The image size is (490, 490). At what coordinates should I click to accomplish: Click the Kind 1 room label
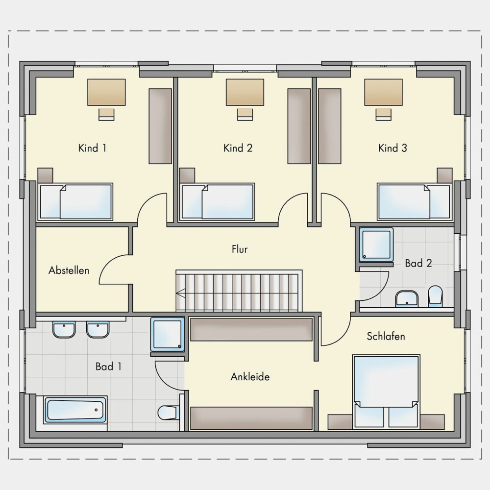pyautogui.click(x=92, y=148)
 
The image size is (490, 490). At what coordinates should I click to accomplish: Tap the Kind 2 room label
pyautogui.click(x=238, y=148)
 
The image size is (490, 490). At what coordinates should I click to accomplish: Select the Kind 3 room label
pyautogui.click(x=392, y=148)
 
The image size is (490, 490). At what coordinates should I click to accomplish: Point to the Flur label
pyautogui.click(x=240, y=249)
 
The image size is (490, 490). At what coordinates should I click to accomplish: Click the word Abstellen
pyautogui.click(x=69, y=270)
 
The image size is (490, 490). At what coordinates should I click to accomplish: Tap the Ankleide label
pyautogui.click(x=250, y=376)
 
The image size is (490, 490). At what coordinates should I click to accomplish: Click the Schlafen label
pyautogui.click(x=386, y=336)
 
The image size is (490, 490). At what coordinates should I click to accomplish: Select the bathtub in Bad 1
pyautogui.click(x=75, y=410)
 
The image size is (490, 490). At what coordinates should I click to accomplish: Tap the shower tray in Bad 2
pyautogui.click(x=376, y=245)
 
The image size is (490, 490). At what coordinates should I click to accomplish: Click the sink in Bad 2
pyautogui.click(x=407, y=299)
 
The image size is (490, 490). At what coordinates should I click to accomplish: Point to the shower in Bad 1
pyautogui.click(x=168, y=334)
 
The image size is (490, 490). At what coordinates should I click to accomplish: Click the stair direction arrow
pyautogui.click(x=181, y=294)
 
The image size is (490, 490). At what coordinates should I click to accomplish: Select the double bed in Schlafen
pyautogui.click(x=386, y=391)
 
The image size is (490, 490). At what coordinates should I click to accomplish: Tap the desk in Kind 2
pyautogui.click(x=245, y=92)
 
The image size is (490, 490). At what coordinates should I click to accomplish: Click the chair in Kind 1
pyautogui.click(x=106, y=114)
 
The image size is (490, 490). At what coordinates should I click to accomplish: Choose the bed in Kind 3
pyautogui.click(x=415, y=202)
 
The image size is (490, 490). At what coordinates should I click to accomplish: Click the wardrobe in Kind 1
pyautogui.click(x=160, y=126)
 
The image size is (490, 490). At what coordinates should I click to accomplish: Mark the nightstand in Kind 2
pyautogui.click(x=187, y=175)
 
